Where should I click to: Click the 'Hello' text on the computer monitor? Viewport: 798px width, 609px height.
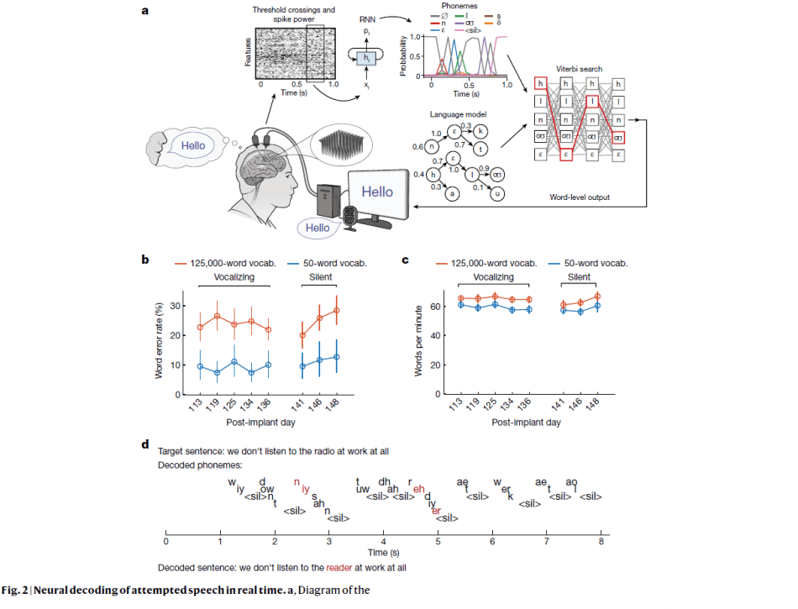377,192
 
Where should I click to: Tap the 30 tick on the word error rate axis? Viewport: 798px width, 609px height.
176,305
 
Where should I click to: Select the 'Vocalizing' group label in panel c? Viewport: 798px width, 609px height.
491,276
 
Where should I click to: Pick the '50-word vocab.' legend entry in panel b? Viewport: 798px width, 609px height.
336,262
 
